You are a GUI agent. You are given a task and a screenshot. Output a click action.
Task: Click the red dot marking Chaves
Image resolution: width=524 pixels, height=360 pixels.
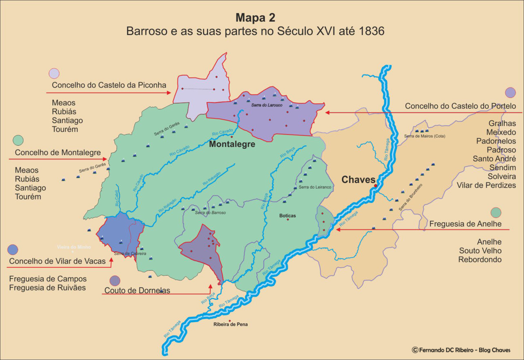click(x=375, y=186)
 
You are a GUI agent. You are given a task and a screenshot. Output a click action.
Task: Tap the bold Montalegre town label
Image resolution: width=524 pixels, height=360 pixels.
click(x=232, y=144)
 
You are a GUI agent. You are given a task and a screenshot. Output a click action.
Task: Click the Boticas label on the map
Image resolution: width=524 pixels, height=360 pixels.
click(x=287, y=215)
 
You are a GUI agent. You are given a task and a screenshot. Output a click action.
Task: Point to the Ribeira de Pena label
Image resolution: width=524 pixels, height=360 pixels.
click(x=230, y=324)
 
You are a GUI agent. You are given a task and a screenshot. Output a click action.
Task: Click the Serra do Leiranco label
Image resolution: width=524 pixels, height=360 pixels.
click(x=315, y=187)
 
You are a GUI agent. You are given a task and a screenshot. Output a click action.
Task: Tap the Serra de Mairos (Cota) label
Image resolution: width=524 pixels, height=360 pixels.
click(x=424, y=136)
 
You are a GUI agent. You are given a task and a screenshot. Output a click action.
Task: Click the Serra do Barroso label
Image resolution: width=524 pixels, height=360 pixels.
click(x=210, y=213)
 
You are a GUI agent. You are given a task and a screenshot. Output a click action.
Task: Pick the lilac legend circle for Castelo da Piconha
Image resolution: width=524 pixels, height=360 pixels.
click(x=54, y=73)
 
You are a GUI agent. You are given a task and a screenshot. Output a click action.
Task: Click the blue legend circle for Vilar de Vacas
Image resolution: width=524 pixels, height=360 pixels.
click(x=13, y=250)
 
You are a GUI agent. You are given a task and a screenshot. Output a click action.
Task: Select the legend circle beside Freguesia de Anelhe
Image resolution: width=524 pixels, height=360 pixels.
click(x=496, y=213)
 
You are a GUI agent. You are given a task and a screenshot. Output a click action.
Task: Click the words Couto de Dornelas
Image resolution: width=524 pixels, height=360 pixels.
click(x=137, y=291)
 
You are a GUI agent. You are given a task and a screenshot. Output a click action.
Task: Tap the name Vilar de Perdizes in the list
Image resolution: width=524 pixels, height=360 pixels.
click(x=486, y=185)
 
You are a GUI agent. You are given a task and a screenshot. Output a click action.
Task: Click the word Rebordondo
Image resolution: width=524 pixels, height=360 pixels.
click(x=480, y=260)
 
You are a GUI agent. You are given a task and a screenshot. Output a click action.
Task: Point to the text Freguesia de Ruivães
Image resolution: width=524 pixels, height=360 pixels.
click(x=47, y=288)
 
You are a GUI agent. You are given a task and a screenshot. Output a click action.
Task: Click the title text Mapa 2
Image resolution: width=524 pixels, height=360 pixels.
click(x=255, y=18)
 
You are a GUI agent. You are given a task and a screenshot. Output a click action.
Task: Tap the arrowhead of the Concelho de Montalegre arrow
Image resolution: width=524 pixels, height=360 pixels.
click(x=106, y=159)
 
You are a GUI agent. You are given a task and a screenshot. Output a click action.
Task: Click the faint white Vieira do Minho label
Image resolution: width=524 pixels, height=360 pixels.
click(x=74, y=247)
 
